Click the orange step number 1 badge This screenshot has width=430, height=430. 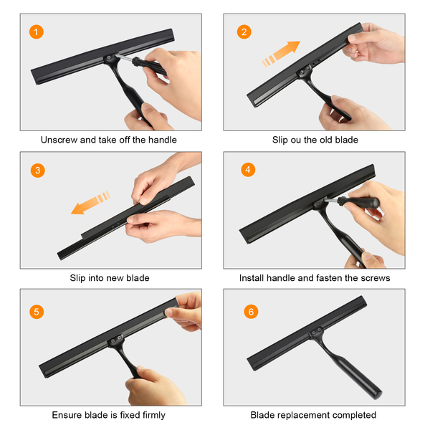[x=37, y=32]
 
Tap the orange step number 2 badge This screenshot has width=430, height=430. [x=244, y=32]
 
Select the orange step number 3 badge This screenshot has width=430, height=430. [x=37, y=171]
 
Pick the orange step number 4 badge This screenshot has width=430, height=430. [x=248, y=169]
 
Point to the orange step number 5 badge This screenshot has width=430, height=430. [x=37, y=312]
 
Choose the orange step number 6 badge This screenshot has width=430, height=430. [x=251, y=312]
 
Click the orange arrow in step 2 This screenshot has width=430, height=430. [x=281, y=54]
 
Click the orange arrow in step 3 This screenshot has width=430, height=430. [x=90, y=203]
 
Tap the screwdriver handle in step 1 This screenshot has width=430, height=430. [x=150, y=66]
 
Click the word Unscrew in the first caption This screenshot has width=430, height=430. [x=59, y=140]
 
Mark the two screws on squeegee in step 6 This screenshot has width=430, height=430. [x=317, y=331]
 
